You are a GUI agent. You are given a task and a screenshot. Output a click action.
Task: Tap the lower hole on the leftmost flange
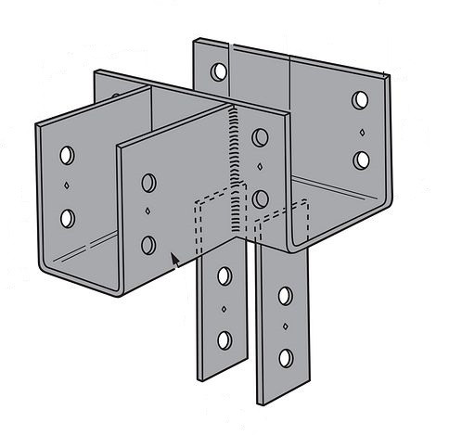(x=67, y=218)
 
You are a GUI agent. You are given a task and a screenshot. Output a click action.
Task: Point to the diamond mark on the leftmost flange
(x=68, y=186)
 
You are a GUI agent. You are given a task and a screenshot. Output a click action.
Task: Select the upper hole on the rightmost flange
(x=362, y=100)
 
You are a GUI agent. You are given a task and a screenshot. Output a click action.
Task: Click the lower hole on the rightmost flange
(x=362, y=160)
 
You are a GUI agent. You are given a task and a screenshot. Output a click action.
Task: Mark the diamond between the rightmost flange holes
(x=362, y=131)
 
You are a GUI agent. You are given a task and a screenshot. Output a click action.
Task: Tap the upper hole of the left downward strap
(x=224, y=275)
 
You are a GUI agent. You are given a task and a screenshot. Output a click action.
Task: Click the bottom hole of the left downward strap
(x=224, y=339)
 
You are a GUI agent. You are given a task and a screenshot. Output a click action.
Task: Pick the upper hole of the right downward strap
(x=286, y=296)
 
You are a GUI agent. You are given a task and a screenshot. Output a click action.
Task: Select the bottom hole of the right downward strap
(x=286, y=357)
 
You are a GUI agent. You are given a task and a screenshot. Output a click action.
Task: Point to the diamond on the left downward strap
(x=224, y=309)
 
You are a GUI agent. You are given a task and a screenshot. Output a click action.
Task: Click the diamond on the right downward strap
(x=286, y=326)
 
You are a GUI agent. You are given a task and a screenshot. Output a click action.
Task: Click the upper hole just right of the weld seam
(x=261, y=138)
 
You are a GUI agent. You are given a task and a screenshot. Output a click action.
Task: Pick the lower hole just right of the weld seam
(x=261, y=198)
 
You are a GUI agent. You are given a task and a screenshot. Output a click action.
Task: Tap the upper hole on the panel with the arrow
(x=148, y=182)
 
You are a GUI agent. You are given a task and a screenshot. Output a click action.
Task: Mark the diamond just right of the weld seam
(x=261, y=169)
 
